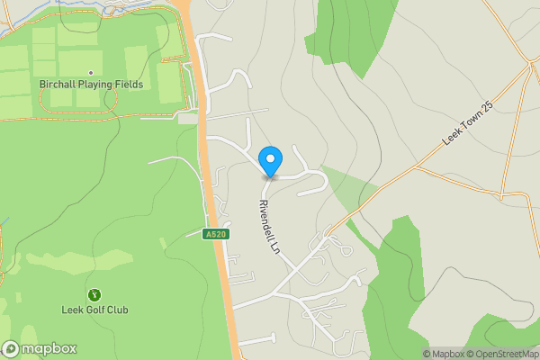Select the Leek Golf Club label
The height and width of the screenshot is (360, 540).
94,310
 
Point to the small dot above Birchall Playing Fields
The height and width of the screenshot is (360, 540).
91,72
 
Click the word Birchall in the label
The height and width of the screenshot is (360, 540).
58,85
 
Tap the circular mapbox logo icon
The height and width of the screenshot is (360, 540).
11,349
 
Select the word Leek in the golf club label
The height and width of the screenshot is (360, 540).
72,310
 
